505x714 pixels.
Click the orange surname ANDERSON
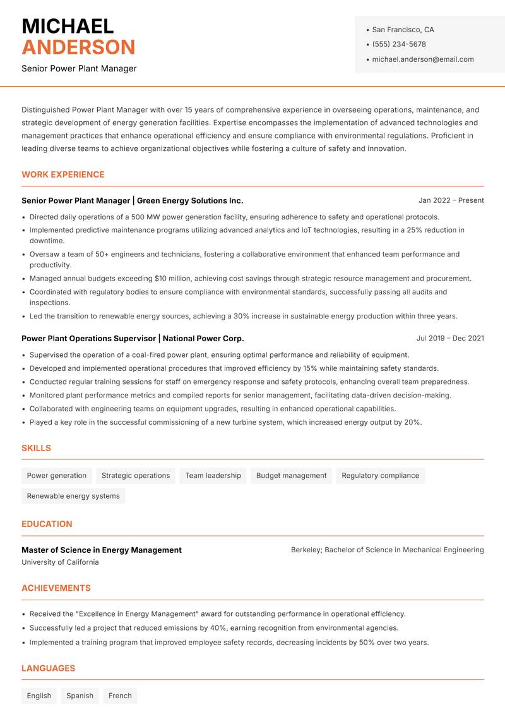point(78,47)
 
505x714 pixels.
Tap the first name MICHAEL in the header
point(68,26)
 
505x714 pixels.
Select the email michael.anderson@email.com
point(422,59)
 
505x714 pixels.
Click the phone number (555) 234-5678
point(398,44)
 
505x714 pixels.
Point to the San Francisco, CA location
point(403,30)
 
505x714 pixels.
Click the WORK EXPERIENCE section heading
point(63,174)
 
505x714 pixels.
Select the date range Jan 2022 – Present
point(451,200)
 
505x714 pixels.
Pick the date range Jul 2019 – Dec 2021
point(449,338)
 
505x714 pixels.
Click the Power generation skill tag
point(57,476)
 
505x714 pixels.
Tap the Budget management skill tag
point(291,476)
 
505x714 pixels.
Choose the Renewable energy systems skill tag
point(73,496)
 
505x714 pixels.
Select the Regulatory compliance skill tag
point(380,476)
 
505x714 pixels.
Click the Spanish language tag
point(80,696)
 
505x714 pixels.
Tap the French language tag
point(120,696)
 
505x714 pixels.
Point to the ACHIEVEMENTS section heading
point(56,588)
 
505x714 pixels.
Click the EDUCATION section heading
point(47,524)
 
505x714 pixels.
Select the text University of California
point(60,562)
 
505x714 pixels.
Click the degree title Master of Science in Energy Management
point(102,550)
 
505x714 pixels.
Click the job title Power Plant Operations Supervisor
point(88,339)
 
